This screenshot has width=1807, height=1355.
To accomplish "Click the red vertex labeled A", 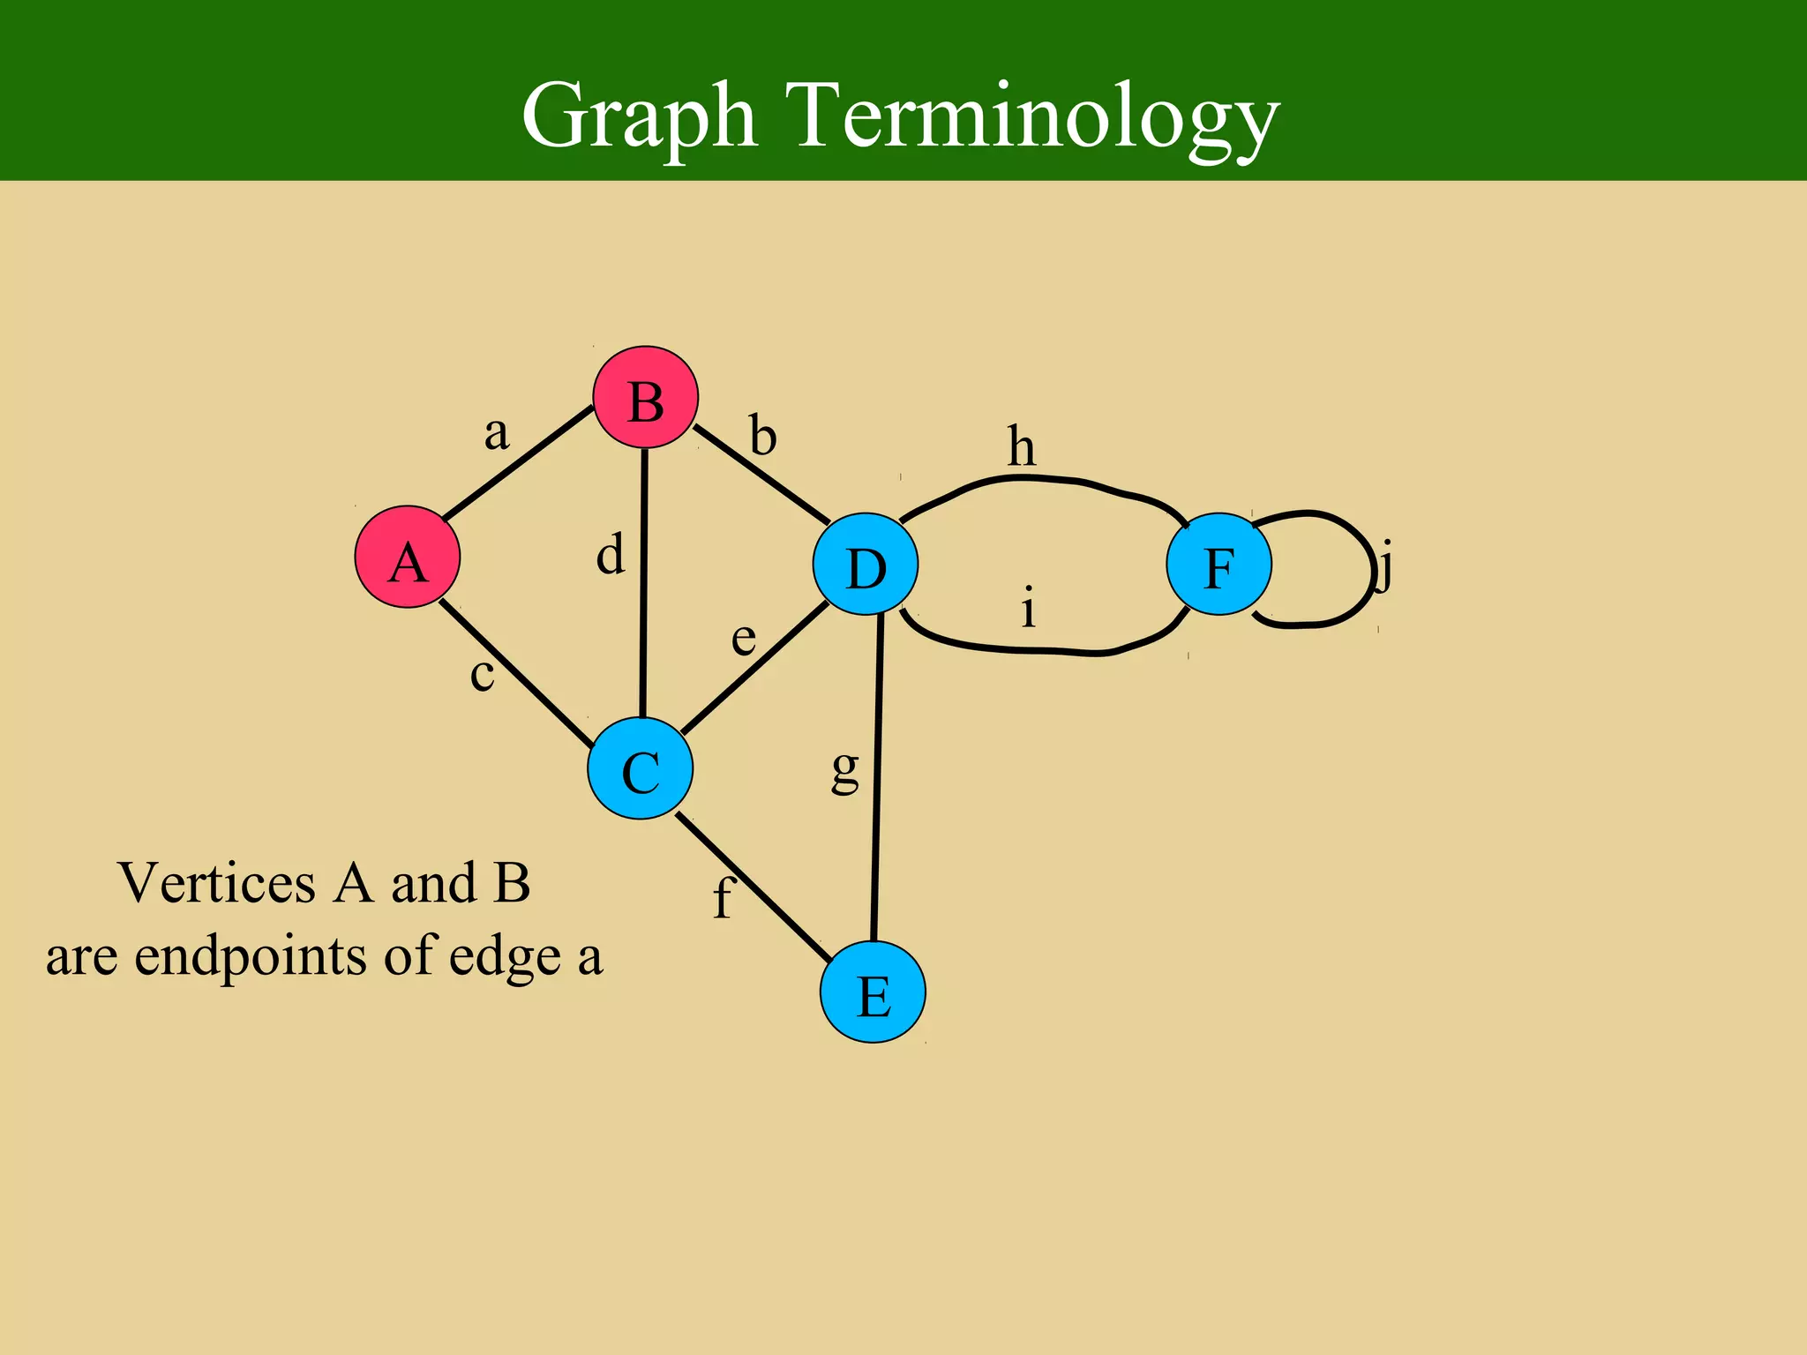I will (408, 557).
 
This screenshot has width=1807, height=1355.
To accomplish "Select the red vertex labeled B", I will (645, 398).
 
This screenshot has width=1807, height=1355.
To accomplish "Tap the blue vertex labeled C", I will (641, 768).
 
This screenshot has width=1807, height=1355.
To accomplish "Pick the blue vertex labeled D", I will (866, 565).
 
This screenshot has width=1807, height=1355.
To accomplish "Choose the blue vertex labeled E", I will (873, 992).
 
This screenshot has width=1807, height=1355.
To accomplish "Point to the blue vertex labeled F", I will (1218, 564).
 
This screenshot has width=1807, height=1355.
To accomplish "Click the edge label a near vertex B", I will (497, 433).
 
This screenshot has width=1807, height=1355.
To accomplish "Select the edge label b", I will (763, 436).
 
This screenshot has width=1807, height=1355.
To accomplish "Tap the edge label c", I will (482, 676).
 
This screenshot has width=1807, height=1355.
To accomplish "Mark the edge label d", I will (611, 555).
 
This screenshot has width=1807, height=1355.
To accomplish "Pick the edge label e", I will (744, 639).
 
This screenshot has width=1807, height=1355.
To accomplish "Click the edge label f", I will (723, 898).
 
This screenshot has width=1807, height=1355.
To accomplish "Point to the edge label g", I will (845, 770).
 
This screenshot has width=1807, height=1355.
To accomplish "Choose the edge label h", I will (1022, 446).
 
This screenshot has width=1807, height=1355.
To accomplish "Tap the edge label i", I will (1028, 608).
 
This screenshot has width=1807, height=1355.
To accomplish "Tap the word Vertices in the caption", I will (216, 882).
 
